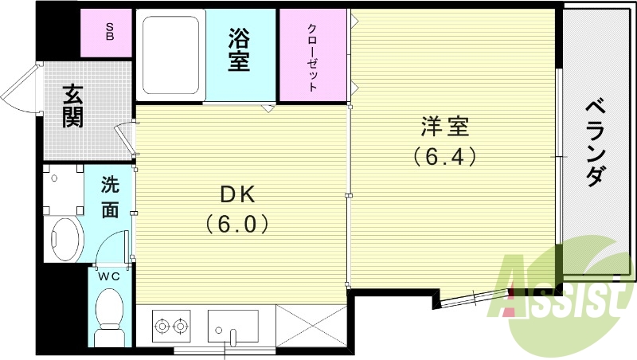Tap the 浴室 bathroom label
(x=240, y=50)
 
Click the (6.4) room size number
(x=444, y=157)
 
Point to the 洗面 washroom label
(x=110, y=197)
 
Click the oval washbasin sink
(x=65, y=237)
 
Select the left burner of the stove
(x=163, y=325)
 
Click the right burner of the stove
(x=181, y=325)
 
